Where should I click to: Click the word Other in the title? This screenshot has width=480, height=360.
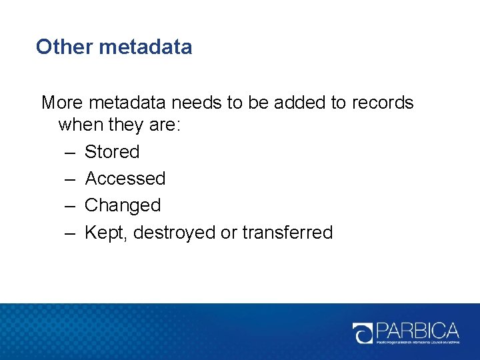tap(64, 47)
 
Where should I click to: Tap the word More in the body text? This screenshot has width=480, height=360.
tap(62, 103)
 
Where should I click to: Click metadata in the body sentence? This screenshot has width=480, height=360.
tap(128, 103)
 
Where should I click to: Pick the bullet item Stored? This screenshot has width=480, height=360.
tap(112, 152)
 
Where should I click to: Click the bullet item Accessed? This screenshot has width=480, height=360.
tap(125, 179)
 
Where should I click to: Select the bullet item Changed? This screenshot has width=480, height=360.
tap(123, 205)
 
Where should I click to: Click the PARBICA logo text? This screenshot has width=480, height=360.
tap(419, 330)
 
